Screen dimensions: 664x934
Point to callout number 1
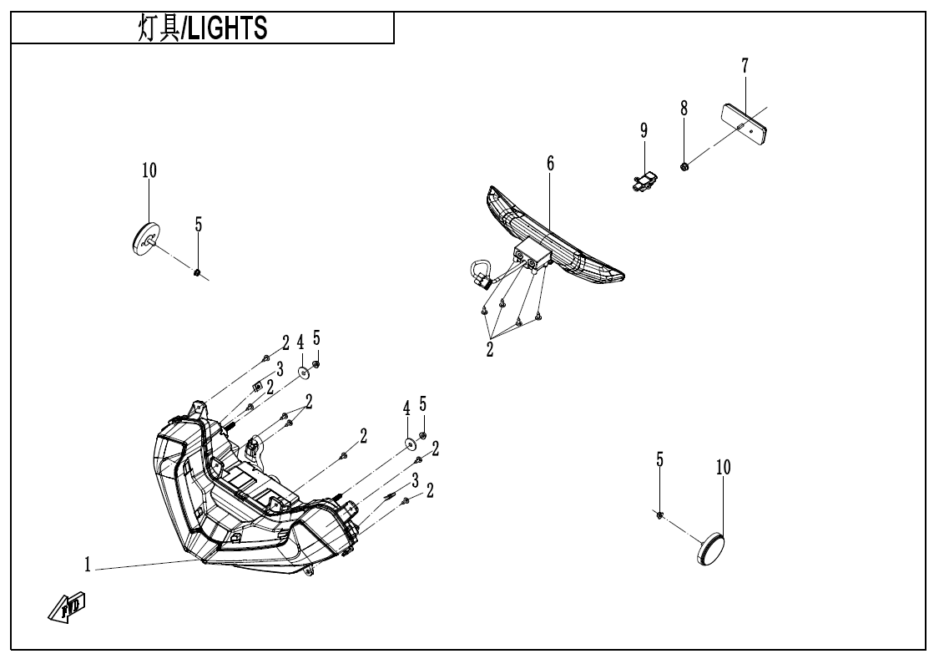pos(88,565)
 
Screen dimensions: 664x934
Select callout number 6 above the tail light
pos(550,164)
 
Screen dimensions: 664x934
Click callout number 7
pos(745,65)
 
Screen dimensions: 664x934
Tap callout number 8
pos(684,108)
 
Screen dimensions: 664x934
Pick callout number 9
pos(644,130)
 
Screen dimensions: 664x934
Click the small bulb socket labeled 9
pos(644,180)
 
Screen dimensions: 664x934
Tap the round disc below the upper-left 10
pos(146,239)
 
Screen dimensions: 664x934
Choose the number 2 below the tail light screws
pos(490,350)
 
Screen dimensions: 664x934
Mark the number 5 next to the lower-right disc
pos(659,459)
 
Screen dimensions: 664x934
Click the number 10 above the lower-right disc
pos(723,468)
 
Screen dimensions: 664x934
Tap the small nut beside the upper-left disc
pos(197,271)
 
